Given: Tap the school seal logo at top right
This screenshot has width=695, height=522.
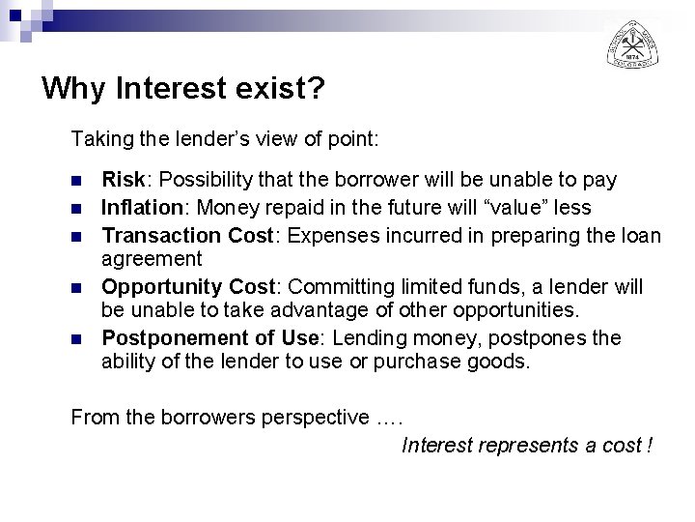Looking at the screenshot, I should coord(632,43).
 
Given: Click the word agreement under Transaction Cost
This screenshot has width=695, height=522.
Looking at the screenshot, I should coord(152,259).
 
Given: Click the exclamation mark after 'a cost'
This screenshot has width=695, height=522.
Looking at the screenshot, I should coord(651,446).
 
